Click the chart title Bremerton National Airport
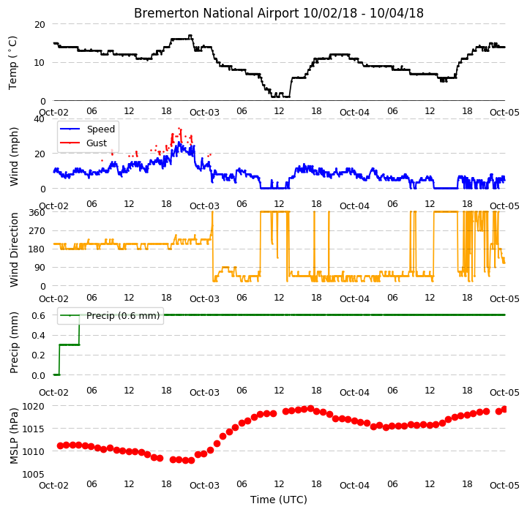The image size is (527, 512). point(216,13)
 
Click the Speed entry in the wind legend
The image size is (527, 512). point(101,129)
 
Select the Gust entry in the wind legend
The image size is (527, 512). point(97,143)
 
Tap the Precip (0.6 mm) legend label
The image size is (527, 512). point(123,316)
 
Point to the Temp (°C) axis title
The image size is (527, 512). point(12,63)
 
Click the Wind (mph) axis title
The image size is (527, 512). point(13,157)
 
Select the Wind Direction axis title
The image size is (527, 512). point(13,249)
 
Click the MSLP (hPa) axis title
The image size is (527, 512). point(13,436)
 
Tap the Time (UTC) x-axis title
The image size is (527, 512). point(279,500)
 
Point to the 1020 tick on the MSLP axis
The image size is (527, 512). point(33,407)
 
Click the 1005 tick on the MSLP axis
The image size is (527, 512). point(33,475)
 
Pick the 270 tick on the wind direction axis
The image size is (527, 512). point(37,231)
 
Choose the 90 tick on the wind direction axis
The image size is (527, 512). point(40,268)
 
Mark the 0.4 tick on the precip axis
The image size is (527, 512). point(38,336)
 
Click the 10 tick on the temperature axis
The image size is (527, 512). point(40,63)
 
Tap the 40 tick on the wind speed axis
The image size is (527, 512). point(39,119)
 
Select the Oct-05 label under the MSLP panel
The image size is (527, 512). point(504,486)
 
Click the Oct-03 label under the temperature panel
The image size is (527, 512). point(204,112)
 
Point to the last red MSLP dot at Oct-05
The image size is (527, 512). point(504,410)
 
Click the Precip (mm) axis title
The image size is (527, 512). point(13,343)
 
